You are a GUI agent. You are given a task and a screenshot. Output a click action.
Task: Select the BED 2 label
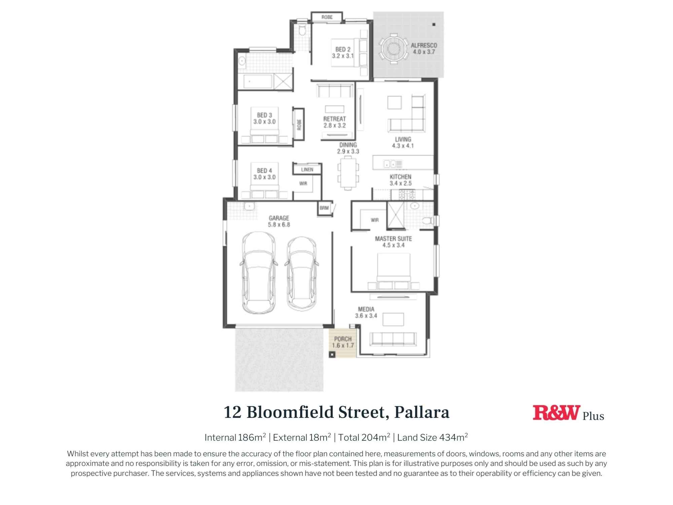point(343,53)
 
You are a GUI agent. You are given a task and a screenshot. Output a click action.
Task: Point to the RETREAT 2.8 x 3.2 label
point(334,122)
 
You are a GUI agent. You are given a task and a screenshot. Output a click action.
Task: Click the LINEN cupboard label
point(307,170)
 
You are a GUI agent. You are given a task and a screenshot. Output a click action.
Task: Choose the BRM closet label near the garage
point(324,208)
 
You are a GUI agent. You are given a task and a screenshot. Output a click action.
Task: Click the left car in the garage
point(258,273)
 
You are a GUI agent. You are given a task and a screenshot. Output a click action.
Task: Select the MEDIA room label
point(366,312)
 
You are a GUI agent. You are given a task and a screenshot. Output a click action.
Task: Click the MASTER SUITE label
point(393,242)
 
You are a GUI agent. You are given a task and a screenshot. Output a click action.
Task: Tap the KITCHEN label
point(400,180)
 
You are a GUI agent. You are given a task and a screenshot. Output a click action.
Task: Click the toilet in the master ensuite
point(428,221)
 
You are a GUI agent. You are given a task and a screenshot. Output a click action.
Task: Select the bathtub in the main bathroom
point(257,81)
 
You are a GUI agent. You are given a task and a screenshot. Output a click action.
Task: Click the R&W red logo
point(556,413)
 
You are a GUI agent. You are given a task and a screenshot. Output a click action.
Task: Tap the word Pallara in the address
point(422,412)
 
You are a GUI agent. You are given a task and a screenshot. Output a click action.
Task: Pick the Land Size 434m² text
point(432,437)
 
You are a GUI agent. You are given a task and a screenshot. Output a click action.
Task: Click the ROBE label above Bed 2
point(327,17)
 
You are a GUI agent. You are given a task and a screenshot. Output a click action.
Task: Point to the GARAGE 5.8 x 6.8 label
point(279,222)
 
